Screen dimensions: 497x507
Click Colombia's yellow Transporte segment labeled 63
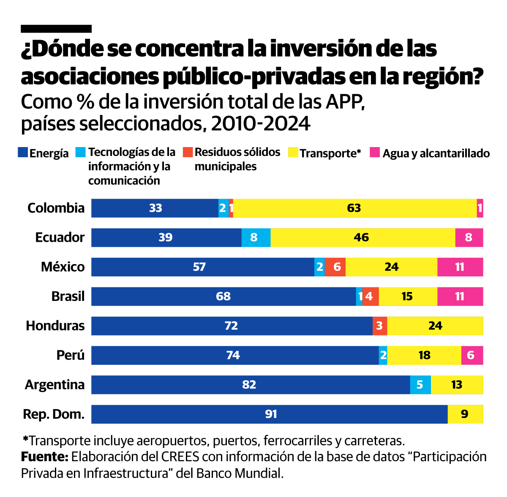pos(354,208)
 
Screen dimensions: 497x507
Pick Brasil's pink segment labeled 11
pos(460,296)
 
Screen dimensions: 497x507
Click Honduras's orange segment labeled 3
pos(380,326)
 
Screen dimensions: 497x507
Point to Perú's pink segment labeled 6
pos(472,355)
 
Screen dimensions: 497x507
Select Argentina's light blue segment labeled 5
pos(420,385)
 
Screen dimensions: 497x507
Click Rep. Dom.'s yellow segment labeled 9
pos(465,414)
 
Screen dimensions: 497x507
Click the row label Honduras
pos(55,326)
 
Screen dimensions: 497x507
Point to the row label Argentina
pos(55,385)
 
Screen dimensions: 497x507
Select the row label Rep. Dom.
pos(54,414)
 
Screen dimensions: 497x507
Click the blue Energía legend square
pos(23,153)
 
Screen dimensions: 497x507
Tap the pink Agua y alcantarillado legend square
pos(374,153)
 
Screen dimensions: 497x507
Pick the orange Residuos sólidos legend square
pos(188,152)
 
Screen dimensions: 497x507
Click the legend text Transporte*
pos(330,153)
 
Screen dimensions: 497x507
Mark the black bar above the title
pos(56,29)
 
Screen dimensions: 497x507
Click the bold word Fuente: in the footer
pos(44,457)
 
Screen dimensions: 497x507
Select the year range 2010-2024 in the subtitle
pos(261,123)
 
